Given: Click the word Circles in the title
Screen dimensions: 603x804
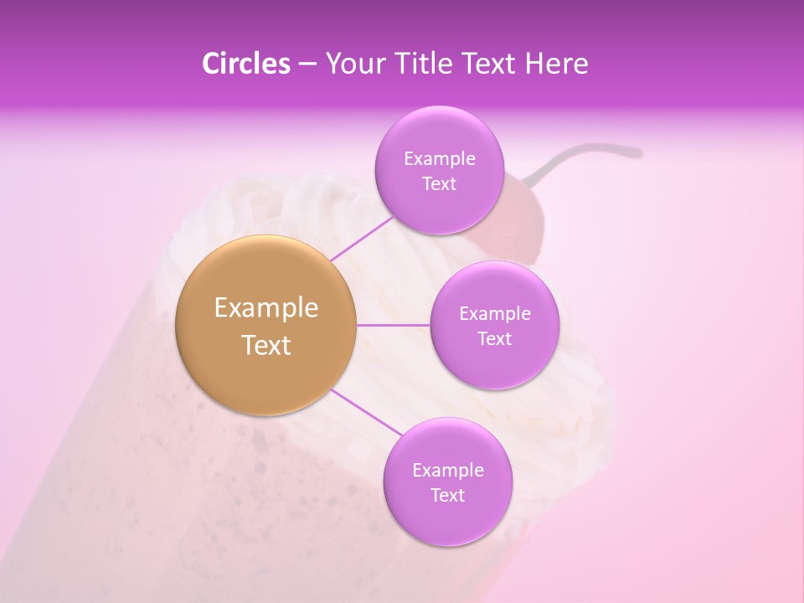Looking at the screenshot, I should tap(246, 64).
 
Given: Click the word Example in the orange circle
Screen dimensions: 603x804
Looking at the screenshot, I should tap(266, 308).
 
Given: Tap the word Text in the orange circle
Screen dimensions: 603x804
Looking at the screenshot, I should tap(266, 345).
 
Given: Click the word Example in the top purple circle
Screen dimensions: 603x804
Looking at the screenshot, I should tap(439, 159).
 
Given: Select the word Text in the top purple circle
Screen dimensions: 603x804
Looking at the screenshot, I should tap(439, 184).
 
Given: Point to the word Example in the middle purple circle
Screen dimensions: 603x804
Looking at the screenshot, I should tap(494, 314).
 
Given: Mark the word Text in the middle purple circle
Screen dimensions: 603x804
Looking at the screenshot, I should tap(494, 339).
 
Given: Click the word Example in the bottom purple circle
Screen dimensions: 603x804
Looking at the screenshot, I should tap(447, 471).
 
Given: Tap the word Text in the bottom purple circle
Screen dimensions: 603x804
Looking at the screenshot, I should tap(447, 496).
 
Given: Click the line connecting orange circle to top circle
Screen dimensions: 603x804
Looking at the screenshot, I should tap(362, 238).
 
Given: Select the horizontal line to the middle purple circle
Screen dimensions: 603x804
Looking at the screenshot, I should tap(393, 325).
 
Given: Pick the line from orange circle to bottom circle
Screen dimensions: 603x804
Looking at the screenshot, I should tap(367, 414).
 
